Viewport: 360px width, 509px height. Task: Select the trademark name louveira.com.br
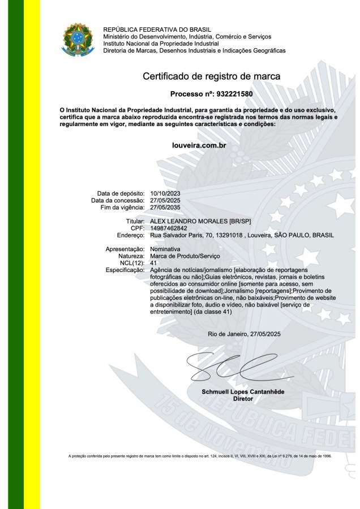click(199, 145)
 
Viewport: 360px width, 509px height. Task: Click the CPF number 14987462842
click(169, 228)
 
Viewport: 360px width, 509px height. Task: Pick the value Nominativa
click(165, 249)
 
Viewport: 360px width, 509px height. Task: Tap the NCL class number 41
click(154, 263)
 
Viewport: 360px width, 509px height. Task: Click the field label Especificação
click(125, 270)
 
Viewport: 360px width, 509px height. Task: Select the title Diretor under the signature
click(243, 399)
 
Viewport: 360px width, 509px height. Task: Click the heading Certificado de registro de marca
click(211, 76)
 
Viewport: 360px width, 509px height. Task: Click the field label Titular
click(135, 221)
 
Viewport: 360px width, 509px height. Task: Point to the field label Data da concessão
click(118, 201)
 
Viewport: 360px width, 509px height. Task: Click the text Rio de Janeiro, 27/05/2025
click(244, 334)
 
